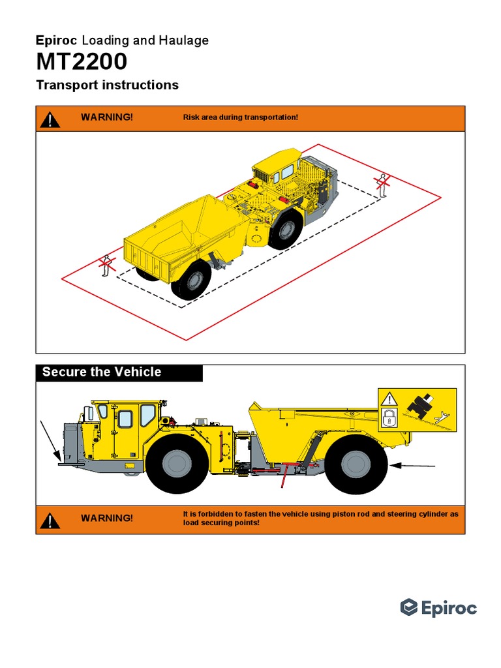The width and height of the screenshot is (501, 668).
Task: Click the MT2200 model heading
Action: (82, 63)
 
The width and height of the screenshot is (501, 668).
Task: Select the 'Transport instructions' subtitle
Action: (107, 85)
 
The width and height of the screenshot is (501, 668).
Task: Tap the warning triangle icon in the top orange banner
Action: (50, 119)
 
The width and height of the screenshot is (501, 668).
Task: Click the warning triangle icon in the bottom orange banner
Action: (50, 520)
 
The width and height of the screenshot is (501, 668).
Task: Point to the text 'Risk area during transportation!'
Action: (241, 117)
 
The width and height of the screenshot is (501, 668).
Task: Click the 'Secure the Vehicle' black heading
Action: (102, 372)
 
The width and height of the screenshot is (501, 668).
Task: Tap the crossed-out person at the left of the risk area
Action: (104, 267)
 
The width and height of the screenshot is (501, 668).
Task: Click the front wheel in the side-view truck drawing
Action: (177, 462)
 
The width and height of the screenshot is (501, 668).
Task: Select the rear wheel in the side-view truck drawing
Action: (356, 464)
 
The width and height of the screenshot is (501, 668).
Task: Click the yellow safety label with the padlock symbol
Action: (417, 409)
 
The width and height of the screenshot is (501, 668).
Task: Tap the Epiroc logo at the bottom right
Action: (438, 608)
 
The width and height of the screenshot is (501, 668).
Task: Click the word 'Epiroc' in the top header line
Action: (56, 41)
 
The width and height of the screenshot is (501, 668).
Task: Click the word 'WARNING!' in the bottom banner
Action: (106, 518)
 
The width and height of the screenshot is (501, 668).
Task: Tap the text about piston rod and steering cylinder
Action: (320, 519)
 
